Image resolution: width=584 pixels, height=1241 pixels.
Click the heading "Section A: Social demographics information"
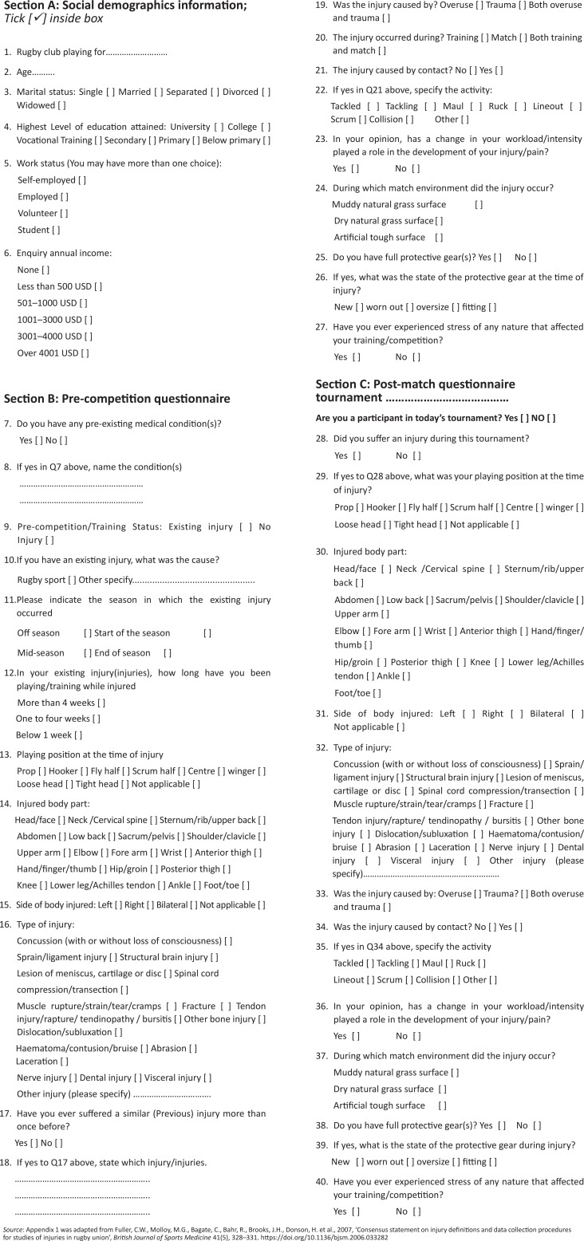[125, 6]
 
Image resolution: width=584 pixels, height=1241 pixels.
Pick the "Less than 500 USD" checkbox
[97, 286]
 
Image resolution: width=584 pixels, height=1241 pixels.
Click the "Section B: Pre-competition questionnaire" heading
[117, 399]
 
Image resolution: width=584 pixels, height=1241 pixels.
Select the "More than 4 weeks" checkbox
[101, 703]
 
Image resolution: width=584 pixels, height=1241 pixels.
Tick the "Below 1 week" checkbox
[77, 735]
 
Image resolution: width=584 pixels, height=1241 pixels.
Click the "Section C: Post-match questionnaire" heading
[416, 384]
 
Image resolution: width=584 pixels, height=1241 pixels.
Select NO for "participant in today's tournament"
[550, 418]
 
